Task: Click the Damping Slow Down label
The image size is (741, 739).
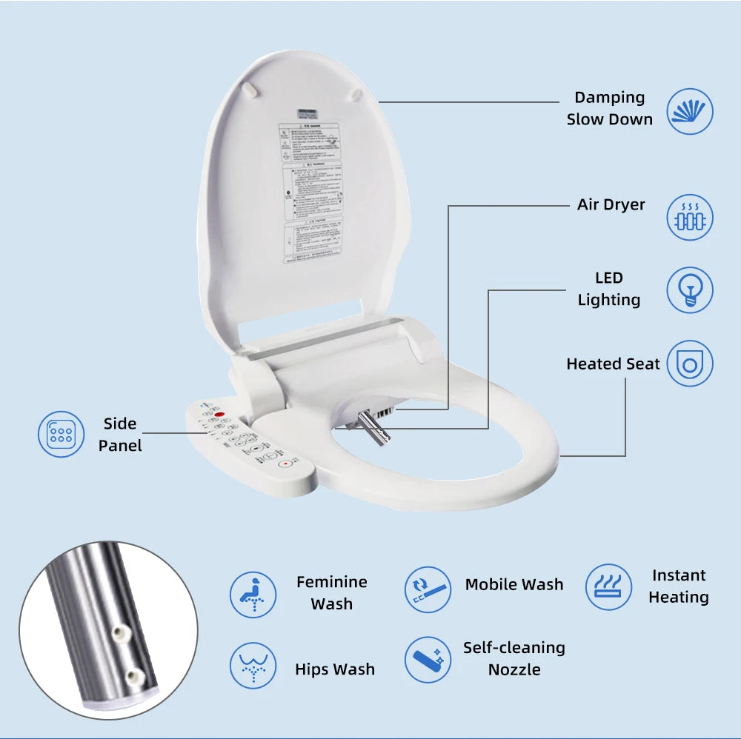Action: pos(609,108)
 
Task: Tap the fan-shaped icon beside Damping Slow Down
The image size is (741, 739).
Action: pos(690,111)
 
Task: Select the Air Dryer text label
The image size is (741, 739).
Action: pos(611,204)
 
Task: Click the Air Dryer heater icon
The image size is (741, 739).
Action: pos(690,218)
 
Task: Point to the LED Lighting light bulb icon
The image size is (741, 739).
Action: pos(690,290)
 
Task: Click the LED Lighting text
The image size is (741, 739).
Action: pos(608,289)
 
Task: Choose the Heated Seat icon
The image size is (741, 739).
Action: pos(690,364)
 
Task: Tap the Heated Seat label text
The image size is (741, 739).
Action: pos(612,364)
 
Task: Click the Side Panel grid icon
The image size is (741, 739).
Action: pos(61,434)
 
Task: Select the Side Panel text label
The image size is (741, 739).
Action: pos(119,435)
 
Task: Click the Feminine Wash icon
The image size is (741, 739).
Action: pos(253,594)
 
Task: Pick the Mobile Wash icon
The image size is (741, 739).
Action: pos(428,589)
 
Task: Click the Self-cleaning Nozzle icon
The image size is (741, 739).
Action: pos(428,659)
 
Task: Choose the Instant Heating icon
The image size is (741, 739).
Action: pos(608,587)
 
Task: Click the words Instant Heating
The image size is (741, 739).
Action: pos(678,586)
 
